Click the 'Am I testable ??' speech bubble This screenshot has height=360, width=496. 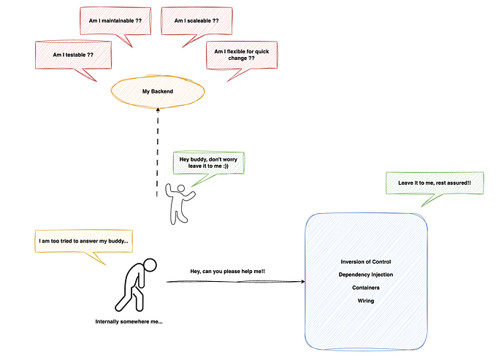pos(73,55)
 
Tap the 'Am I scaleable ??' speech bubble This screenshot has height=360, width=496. pos(197,20)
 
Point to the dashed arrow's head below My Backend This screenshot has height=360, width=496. pos(157,108)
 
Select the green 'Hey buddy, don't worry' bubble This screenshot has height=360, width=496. pos(208,161)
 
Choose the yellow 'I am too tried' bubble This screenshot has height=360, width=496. pos(83,240)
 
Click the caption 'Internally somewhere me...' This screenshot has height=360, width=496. pos(129,321)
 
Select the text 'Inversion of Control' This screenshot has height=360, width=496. pos(366,261)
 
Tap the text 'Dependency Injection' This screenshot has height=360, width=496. pos(366,275)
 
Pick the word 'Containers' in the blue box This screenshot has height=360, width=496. pos(366,288)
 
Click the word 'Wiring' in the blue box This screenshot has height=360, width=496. pos(366,300)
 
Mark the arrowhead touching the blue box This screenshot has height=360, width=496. pos(302,282)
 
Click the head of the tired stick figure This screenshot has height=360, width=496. pos(149,264)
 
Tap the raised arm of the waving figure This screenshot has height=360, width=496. pos(169,190)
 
